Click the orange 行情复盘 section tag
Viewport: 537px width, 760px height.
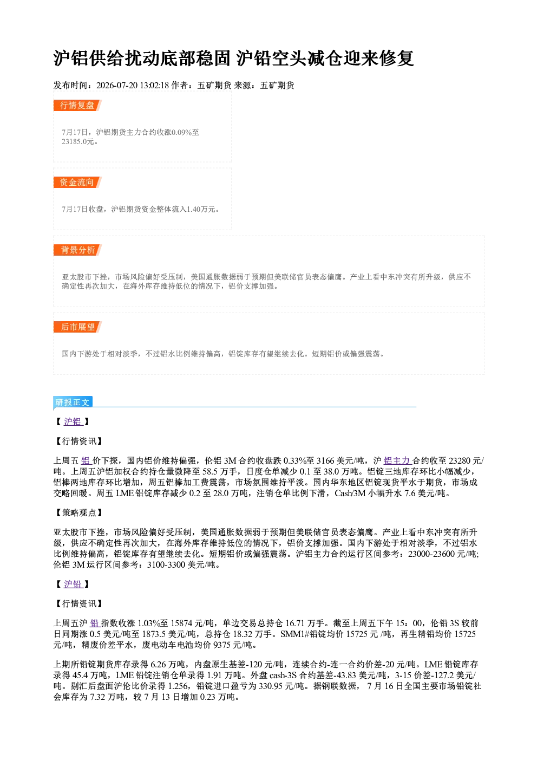[x=77, y=105]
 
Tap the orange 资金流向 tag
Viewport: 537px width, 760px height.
[x=77, y=182]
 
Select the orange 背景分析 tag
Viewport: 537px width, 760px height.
[x=77, y=250]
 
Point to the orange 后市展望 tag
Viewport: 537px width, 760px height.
[x=77, y=327]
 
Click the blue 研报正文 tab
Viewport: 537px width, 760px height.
[x=73, y=402]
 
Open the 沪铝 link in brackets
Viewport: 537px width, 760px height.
[x=73, y=422]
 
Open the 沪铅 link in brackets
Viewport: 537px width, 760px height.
[x=73, y=584]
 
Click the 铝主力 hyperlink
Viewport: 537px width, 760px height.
[x=397, y=461]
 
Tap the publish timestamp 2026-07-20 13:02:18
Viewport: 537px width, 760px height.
[x=133, y=86]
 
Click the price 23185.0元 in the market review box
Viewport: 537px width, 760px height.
[x=77, y=142]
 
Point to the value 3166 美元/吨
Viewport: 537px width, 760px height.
[x=340, y=461]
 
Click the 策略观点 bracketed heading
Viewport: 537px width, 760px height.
[x=78, y=512]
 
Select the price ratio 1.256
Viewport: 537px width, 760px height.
[x=178, y=686]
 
